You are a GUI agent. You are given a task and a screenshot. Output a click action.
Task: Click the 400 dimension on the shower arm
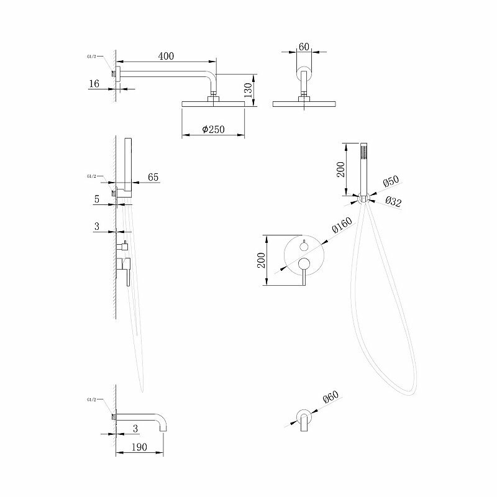(165, 56)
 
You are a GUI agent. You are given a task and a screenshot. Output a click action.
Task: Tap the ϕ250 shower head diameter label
(213, 130)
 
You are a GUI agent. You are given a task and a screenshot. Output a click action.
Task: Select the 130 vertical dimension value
(248, 91)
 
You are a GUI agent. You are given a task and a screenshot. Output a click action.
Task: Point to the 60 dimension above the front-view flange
(304, 46)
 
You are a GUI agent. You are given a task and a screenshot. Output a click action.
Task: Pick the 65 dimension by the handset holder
(153, 178)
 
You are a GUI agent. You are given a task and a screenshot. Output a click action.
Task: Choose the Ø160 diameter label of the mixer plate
(342, 224)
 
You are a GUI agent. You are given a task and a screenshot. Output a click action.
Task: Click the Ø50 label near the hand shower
(390, 182)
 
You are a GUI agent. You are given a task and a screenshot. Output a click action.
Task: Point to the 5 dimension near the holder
(98, 199)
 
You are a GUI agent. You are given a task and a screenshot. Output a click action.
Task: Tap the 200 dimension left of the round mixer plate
(262, 260)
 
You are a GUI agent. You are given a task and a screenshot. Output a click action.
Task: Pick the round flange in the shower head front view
(304, 73)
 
